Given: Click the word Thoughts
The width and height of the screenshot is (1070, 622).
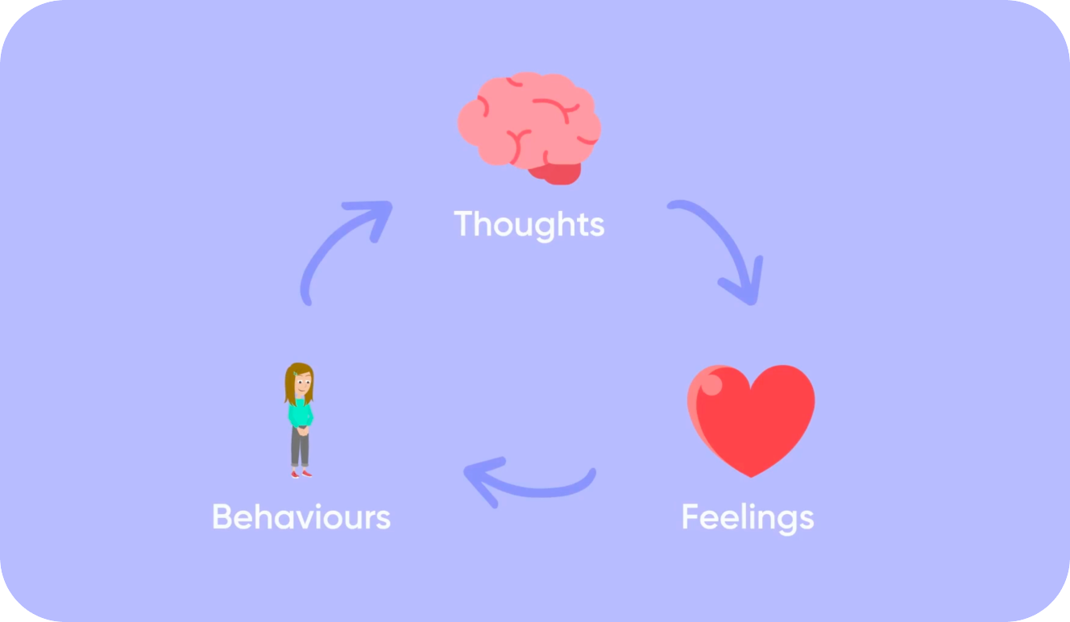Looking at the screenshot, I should (529, 224).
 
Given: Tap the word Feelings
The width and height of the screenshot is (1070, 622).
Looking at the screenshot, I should (747, 516).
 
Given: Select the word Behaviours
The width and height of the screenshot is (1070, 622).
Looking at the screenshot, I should (301, 516).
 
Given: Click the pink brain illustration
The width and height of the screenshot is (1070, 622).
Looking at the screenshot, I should (528, 121).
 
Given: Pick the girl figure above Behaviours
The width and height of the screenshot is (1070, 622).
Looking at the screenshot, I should (300, 420).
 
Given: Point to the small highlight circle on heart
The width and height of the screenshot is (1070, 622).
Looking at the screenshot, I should (711, 384).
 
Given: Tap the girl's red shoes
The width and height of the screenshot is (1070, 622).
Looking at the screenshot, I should (301, 474).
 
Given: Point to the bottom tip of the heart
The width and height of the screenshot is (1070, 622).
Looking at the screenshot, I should (750, 475).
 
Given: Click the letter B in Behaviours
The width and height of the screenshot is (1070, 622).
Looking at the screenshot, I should (222, 516).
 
